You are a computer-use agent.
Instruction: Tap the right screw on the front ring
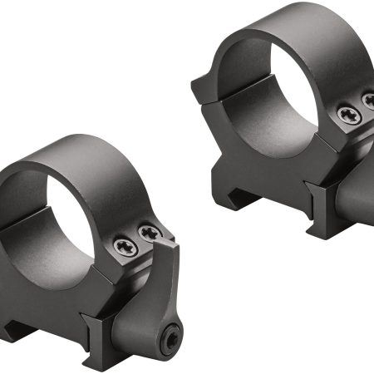[x=150, y=234]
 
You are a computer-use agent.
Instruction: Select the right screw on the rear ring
[x=368, y=101]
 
